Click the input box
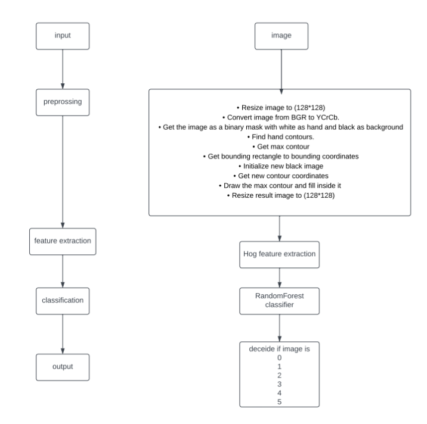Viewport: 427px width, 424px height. [62, 36]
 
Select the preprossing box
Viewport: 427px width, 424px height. [62, 102]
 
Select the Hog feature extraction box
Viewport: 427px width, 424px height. [280, 255]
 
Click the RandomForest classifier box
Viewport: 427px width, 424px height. [280, 301]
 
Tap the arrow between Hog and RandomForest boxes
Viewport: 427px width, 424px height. [280, 278]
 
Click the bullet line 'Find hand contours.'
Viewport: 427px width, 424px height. [280, 136]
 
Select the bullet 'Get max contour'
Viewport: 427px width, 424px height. [280, 146]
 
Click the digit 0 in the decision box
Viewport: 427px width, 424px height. [280, 357]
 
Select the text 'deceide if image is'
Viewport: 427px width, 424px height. [280, 348]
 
